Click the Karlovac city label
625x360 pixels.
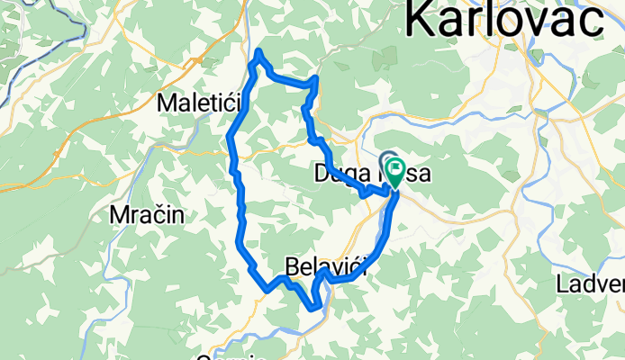515,20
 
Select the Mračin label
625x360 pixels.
146,215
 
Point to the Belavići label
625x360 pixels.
328,267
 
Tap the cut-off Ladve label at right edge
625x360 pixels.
591,285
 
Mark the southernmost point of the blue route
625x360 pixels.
312,308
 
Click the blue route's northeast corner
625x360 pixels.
315,81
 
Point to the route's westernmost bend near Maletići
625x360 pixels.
231,138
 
